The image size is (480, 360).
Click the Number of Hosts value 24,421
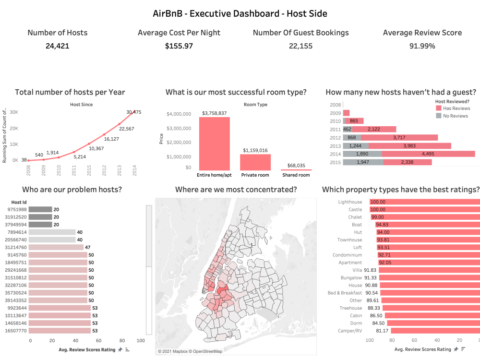pos(58,46)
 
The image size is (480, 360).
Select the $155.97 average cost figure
pos(179,46)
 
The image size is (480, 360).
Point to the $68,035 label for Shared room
pos(296,165)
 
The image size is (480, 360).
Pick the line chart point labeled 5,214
pos(74,152)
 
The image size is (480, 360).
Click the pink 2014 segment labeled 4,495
pos(429,154)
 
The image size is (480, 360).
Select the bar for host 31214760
pos(56,247)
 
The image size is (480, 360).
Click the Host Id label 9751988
pos(16,209)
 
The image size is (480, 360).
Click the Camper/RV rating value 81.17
pos(383,331)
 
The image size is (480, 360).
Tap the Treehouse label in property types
pos(351,308)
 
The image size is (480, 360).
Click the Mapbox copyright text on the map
pos(190,351)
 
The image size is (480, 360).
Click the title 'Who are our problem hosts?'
pos(65,190)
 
